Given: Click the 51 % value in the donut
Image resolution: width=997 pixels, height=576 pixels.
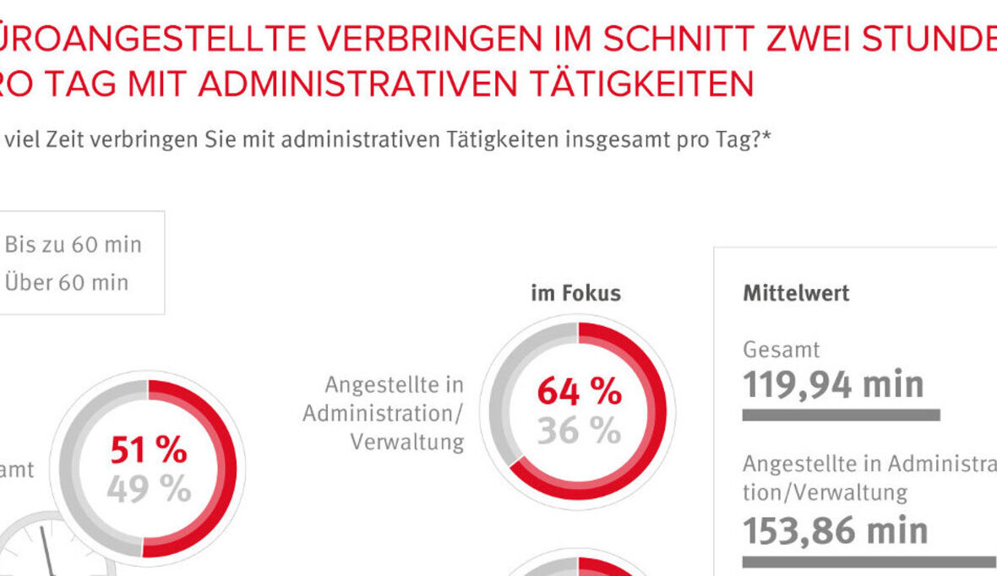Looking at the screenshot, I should [x=148, y=451].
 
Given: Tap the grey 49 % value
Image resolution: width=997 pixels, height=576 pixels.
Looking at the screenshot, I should [x=148, y=489].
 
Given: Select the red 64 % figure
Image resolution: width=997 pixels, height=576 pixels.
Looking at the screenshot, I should [x=579, y=392].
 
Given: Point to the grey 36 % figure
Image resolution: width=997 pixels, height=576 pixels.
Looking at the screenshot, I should [x=579, y=431].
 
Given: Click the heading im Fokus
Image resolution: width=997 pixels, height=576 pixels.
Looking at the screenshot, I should [x=575, y=293].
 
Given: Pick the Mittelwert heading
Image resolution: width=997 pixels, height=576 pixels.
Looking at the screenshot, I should [x=796, y=293].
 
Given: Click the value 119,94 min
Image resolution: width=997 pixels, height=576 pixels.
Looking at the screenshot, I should [x=833, y=384].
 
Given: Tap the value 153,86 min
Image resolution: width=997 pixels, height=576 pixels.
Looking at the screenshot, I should [x=835, y=530].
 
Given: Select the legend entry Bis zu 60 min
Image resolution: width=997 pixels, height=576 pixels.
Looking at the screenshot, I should [x=74, y=245].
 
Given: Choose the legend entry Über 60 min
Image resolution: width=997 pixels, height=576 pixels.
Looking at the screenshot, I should [x=67, y=282].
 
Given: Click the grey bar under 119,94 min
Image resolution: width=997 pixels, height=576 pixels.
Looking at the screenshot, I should [x=841, y=415].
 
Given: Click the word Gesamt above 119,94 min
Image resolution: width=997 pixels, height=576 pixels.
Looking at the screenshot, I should [x=782, y=349].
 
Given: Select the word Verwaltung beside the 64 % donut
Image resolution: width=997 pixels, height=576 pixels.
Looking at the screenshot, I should [x=406, y=442].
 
